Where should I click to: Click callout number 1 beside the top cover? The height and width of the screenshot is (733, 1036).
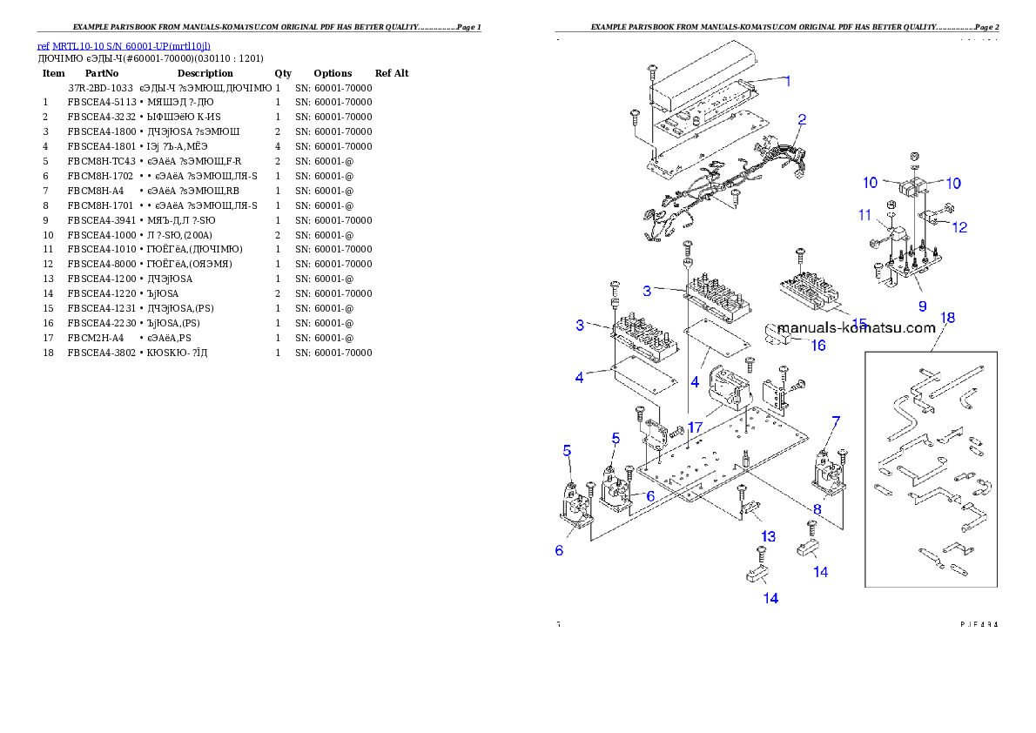coord(788,81)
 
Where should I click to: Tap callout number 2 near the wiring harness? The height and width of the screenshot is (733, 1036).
coord(802,119)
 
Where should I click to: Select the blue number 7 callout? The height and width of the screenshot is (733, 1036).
coord(836,421)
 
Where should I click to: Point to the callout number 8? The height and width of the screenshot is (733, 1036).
coord(817,508)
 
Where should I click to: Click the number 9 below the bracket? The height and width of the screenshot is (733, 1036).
coord(922,306)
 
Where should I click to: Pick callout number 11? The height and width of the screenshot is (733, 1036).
coord(864,214)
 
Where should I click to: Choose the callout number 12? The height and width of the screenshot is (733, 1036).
coord(959,227)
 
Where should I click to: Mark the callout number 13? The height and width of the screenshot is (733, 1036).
coord(768,535)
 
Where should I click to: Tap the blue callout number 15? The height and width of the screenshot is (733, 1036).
coord(860,324)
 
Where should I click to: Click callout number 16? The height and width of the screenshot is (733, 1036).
coord(817,346)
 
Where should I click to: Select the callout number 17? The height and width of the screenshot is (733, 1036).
coord(695,427)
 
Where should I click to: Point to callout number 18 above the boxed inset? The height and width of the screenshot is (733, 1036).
coord(947,318)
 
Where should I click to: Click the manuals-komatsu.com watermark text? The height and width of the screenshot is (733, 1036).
coord(857,328)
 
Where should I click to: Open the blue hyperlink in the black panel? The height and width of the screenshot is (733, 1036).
coord(123,46)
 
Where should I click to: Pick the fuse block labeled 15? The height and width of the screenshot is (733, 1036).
coord(811,292)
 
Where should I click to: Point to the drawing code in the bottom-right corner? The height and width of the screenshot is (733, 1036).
coord(978,624)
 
